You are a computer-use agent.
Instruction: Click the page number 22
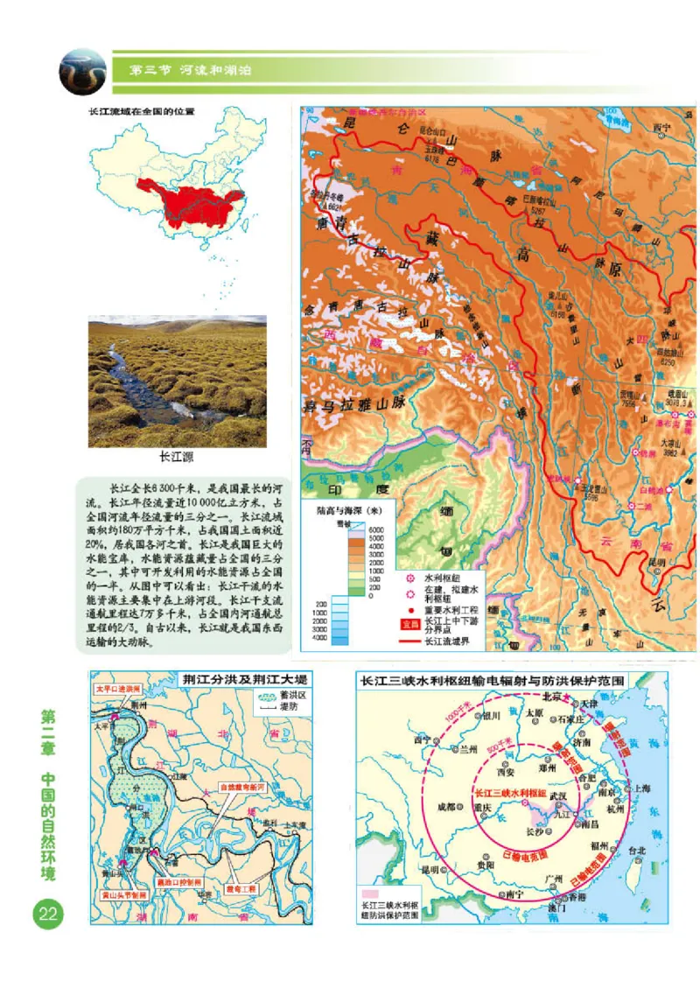(47, 915)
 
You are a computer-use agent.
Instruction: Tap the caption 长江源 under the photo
(176, 457)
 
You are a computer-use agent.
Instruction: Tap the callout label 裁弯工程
(240, 889)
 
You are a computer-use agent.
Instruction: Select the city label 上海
(641, 788)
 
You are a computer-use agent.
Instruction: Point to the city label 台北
(636, 850)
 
